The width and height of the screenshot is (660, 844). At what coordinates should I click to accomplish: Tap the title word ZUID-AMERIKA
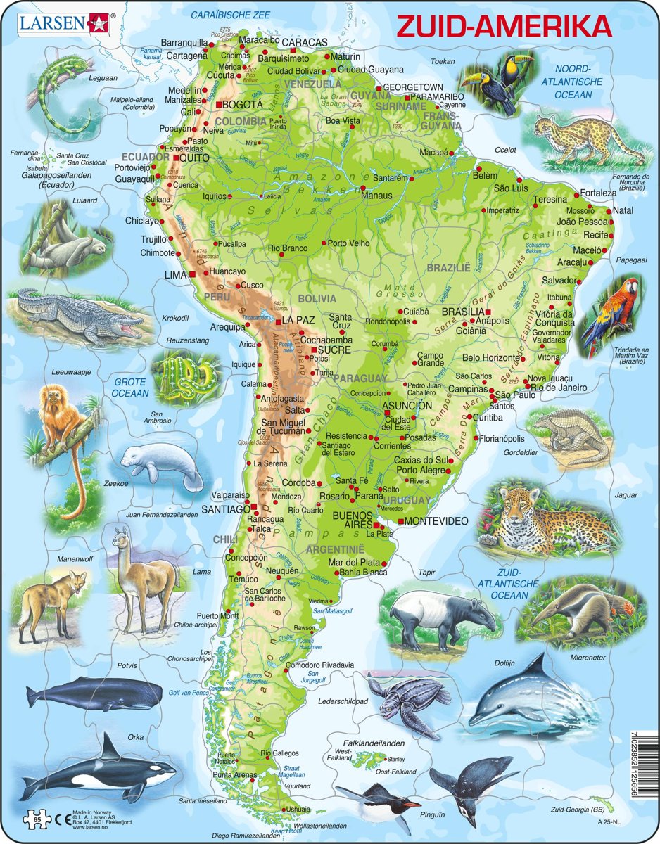504,26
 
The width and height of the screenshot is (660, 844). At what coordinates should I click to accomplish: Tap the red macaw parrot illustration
609,310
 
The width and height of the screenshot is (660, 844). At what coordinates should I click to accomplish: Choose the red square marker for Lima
191,274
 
